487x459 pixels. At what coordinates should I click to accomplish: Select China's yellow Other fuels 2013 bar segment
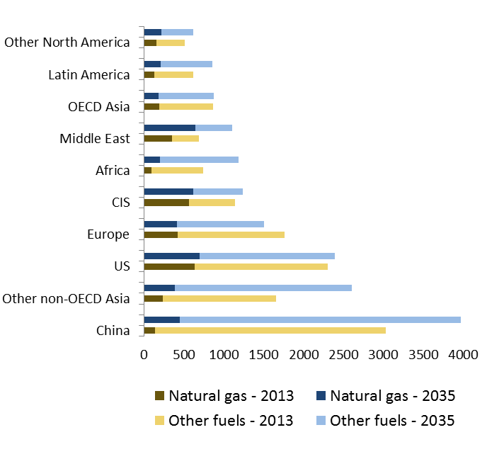tap(270, 330)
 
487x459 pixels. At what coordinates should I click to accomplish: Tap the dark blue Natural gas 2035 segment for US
tap(171, 256)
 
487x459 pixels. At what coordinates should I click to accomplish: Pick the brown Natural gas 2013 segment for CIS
tap(166, 203)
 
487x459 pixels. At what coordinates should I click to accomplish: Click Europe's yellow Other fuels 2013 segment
tap(231, 234)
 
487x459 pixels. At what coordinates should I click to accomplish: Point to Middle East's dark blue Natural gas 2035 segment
tap(169, 127)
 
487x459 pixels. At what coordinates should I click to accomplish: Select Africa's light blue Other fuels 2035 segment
tap(199, 159)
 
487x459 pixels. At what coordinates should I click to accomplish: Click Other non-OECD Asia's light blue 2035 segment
tap(263, 288)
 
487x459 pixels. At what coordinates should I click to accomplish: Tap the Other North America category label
tap(67, 42)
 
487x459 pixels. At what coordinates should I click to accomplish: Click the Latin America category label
tap(89, 74)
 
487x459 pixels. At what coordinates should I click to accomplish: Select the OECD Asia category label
tap(98, 106)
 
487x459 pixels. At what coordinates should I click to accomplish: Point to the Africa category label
tap(113, 170)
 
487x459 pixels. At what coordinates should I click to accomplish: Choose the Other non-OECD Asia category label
tap(67, 298)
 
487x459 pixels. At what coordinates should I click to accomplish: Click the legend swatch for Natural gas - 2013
tap(159, 395)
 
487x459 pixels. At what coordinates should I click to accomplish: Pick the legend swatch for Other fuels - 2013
tap(159, 421)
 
